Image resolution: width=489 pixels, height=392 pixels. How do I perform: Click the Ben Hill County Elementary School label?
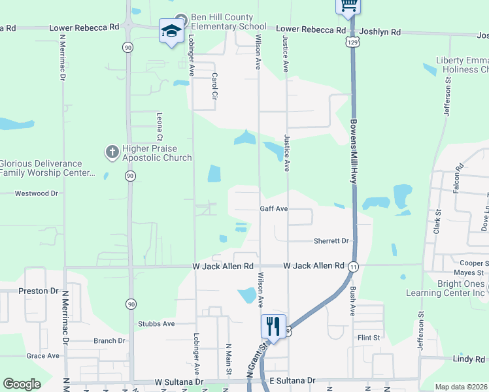[x=225, y=22]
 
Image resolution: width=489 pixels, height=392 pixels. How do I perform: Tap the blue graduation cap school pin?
[x=171, y=31]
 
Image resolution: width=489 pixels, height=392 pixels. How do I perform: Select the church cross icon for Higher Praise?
[x=112, y=152]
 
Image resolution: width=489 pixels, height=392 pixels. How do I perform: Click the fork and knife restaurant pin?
[x=273, y=325]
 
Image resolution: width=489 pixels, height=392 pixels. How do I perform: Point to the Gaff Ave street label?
[x=274, y=209]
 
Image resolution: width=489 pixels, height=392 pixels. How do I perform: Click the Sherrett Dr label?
[x=331, y=240]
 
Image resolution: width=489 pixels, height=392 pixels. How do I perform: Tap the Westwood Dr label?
[x=37, y=193]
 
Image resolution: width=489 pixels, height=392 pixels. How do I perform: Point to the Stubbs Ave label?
[x=156, y=323]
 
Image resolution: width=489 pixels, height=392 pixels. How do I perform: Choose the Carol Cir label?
[x=214, y=86]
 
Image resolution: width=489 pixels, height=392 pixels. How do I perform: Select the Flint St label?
[x=369, y=338]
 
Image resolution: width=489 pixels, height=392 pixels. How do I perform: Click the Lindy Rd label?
[x=469, y=359]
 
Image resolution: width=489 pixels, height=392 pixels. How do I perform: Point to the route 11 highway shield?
[x=353, y=266]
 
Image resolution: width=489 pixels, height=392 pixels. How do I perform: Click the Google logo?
[x=22, y=384]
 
